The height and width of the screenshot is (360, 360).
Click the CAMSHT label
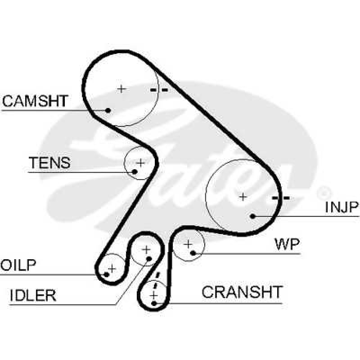coord(35,101)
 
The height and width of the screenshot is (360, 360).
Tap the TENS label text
coord(49,162)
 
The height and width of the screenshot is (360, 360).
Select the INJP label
coord(342,207)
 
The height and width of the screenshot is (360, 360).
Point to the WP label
coord(288,244)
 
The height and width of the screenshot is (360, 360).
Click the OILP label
coord(18,265)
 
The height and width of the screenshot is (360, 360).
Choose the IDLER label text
coord(33,295)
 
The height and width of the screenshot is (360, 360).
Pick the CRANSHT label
coord(242,292)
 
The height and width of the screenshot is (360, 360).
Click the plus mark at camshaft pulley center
coord(121,89)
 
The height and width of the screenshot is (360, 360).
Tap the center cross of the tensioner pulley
coord(140,163)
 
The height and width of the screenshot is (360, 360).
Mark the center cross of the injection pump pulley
coord(243,197)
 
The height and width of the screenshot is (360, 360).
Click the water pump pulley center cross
coord(188,244)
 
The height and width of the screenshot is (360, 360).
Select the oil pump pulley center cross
coord(112,268)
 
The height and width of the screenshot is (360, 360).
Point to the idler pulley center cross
coord(146,250)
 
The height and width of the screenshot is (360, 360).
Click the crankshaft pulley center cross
coord(153,295)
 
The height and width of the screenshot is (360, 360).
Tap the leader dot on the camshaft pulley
coord(108,110)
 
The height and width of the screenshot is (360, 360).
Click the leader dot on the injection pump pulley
coord(252,216)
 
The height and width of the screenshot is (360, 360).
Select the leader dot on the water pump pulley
coord(193,253)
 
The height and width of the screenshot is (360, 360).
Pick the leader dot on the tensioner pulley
coord(135,171)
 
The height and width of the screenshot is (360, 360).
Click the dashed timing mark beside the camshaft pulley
coord(159,90)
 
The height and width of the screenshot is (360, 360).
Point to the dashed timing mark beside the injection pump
coord(281,198)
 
